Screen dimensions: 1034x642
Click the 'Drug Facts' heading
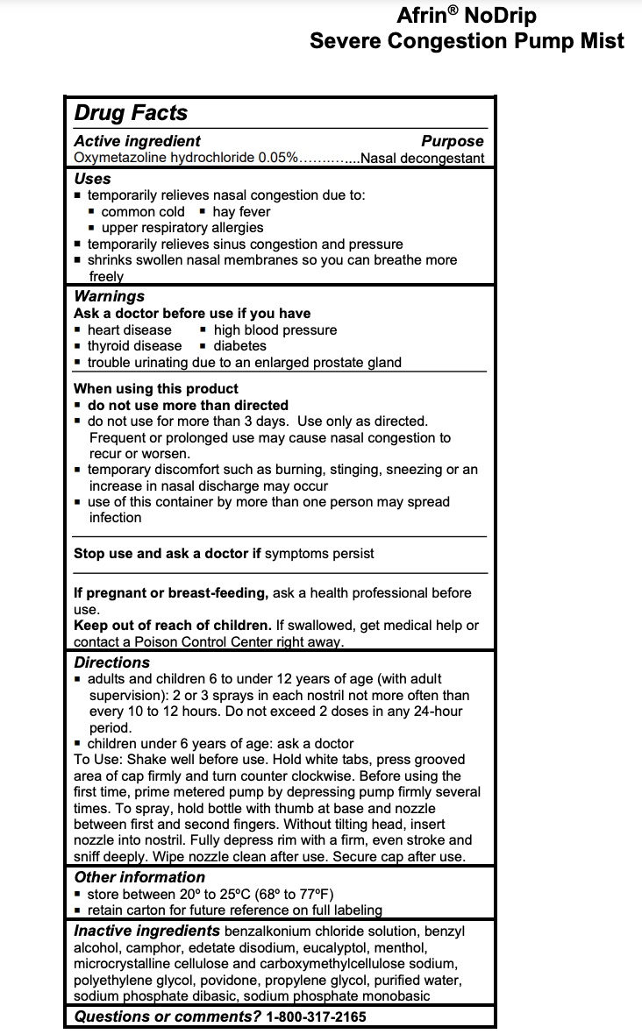[x=131, y=113]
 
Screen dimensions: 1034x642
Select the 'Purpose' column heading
[x=452, y=141]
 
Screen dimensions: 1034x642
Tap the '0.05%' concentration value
[x=278, y=158]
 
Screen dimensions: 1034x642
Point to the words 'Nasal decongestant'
[x=422, y=158]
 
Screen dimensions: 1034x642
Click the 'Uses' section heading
[x=92, y=178]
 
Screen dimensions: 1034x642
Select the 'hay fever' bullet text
[x=241, y=211]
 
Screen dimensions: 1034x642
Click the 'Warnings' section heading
[x=109, y=296]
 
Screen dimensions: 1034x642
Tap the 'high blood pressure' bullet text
[x=275, y=329]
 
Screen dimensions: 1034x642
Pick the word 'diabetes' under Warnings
[x=241, y=345]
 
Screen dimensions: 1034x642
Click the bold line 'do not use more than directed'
[x=188, y=405]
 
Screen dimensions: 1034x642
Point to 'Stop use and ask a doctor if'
[x=168, y=553]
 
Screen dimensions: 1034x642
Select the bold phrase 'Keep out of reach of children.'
[x=173, y=625]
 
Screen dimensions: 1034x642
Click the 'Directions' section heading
[x=111, y=662]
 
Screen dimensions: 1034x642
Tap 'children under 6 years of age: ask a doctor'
[x=220, y=743]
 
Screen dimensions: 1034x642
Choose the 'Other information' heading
[x=139, y=877]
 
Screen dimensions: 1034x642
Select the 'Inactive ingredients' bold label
[x=146, y=931]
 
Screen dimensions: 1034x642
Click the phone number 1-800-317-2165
[x=316, y=1016]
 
